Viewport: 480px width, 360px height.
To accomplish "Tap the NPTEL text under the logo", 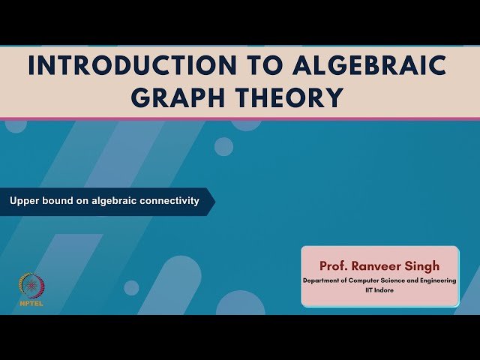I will (31, 304).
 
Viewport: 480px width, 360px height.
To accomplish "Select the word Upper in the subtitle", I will (24, 201).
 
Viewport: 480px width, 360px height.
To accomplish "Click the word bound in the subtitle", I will (58, 201).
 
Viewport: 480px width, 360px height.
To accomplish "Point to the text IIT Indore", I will (379, 289).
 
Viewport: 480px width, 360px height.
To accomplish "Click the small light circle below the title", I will (223, 146).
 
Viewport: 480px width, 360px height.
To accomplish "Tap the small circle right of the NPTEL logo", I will (131, 288).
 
